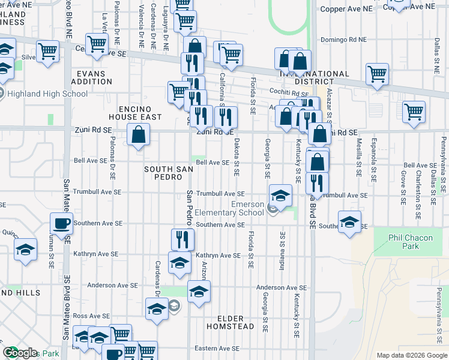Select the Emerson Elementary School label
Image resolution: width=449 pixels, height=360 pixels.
[x=247, y=208]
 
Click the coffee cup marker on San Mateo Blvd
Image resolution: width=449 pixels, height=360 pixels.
[x=61, y=224]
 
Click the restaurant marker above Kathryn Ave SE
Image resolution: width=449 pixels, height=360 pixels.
[x=182, y=240]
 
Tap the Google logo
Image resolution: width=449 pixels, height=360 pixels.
[x=20, y=353]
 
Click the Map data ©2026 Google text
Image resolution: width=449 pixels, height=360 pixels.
[x=411, y=355]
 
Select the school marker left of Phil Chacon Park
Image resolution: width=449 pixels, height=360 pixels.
[x=349, y=223]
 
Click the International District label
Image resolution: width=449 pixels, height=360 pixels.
[x=315, y=78]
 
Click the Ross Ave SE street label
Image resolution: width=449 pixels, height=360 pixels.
[x=92, y=316]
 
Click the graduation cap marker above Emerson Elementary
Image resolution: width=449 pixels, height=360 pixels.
[x=280, y=195]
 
